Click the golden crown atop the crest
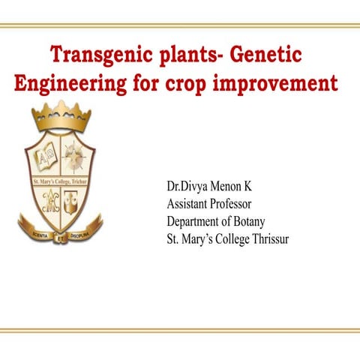pos(61,116)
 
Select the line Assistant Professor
pos(208,203)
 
